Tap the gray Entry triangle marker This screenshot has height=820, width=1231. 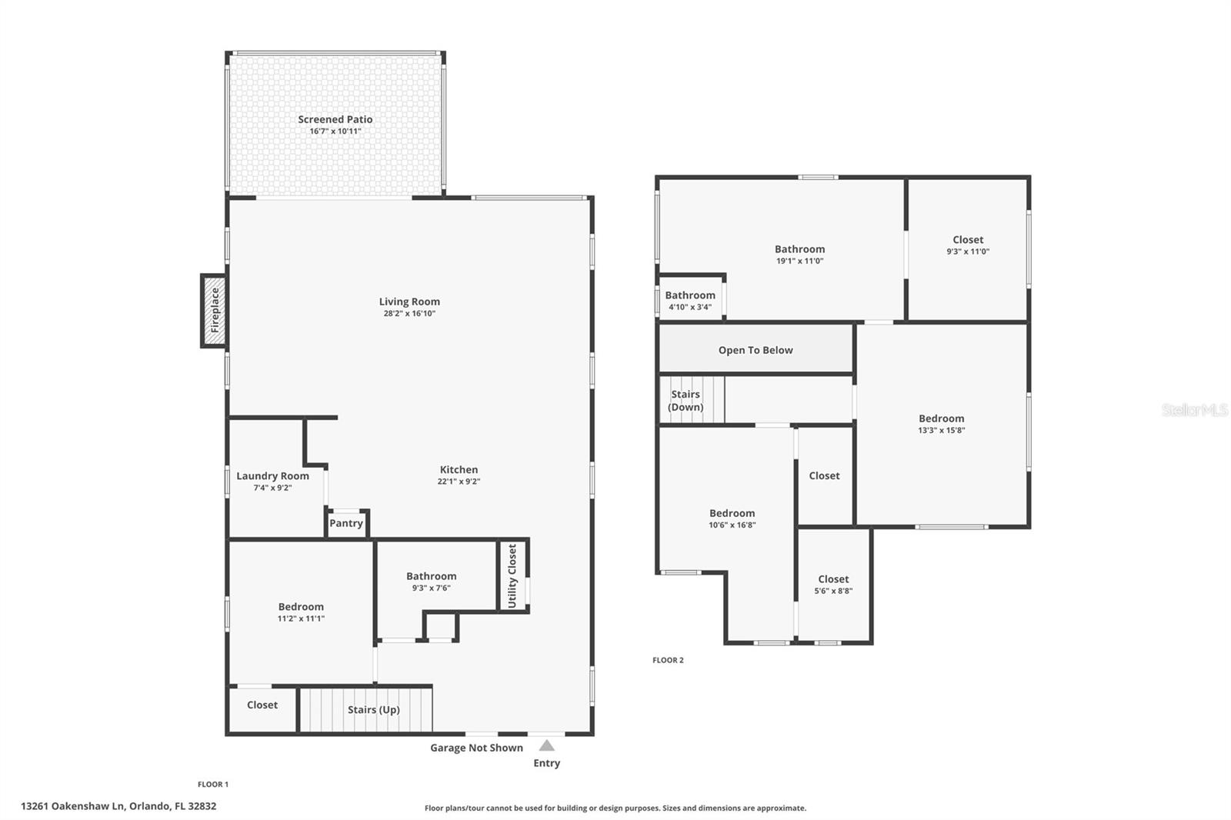click(x=546, y=745)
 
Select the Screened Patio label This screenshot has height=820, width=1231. click(x=335, y=119)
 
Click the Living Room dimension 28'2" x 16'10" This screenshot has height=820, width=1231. click(x=409, y=314)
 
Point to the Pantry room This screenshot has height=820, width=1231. click(x=346, y=524)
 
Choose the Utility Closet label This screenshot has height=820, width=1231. click(x=512, y=576)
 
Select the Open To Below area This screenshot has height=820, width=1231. click(x=756, y=350)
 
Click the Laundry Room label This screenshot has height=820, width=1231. click(x=272, y=476)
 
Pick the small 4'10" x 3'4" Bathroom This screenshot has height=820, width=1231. click(x=690, y=300)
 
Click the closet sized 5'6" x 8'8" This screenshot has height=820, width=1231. click(x=833, y=585)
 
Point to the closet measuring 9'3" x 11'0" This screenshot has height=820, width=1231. click(x=968, y=245)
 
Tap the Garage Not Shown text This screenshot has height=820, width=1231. click(x=476, y=748)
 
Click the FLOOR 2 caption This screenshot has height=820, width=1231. click(x=668, y=660)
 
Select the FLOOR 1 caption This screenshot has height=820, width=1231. click(x=213, y=785)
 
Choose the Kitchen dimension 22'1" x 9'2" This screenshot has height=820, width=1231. click(x=459, y=482)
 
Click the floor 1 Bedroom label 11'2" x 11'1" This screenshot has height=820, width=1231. click(x=301, y=618)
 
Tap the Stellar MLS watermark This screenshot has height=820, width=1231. click(x=1194, y=411)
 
